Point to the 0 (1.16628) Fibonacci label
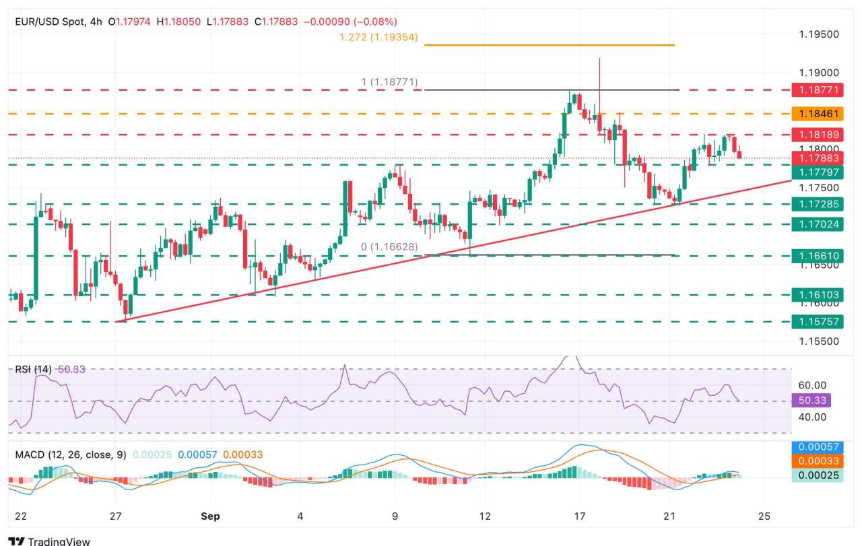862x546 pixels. [x=389, y=248]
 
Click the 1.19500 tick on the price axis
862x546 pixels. [x=819, y=34]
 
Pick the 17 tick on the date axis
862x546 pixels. [x=578, y=516]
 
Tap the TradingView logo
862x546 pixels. [x=50, y=541]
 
